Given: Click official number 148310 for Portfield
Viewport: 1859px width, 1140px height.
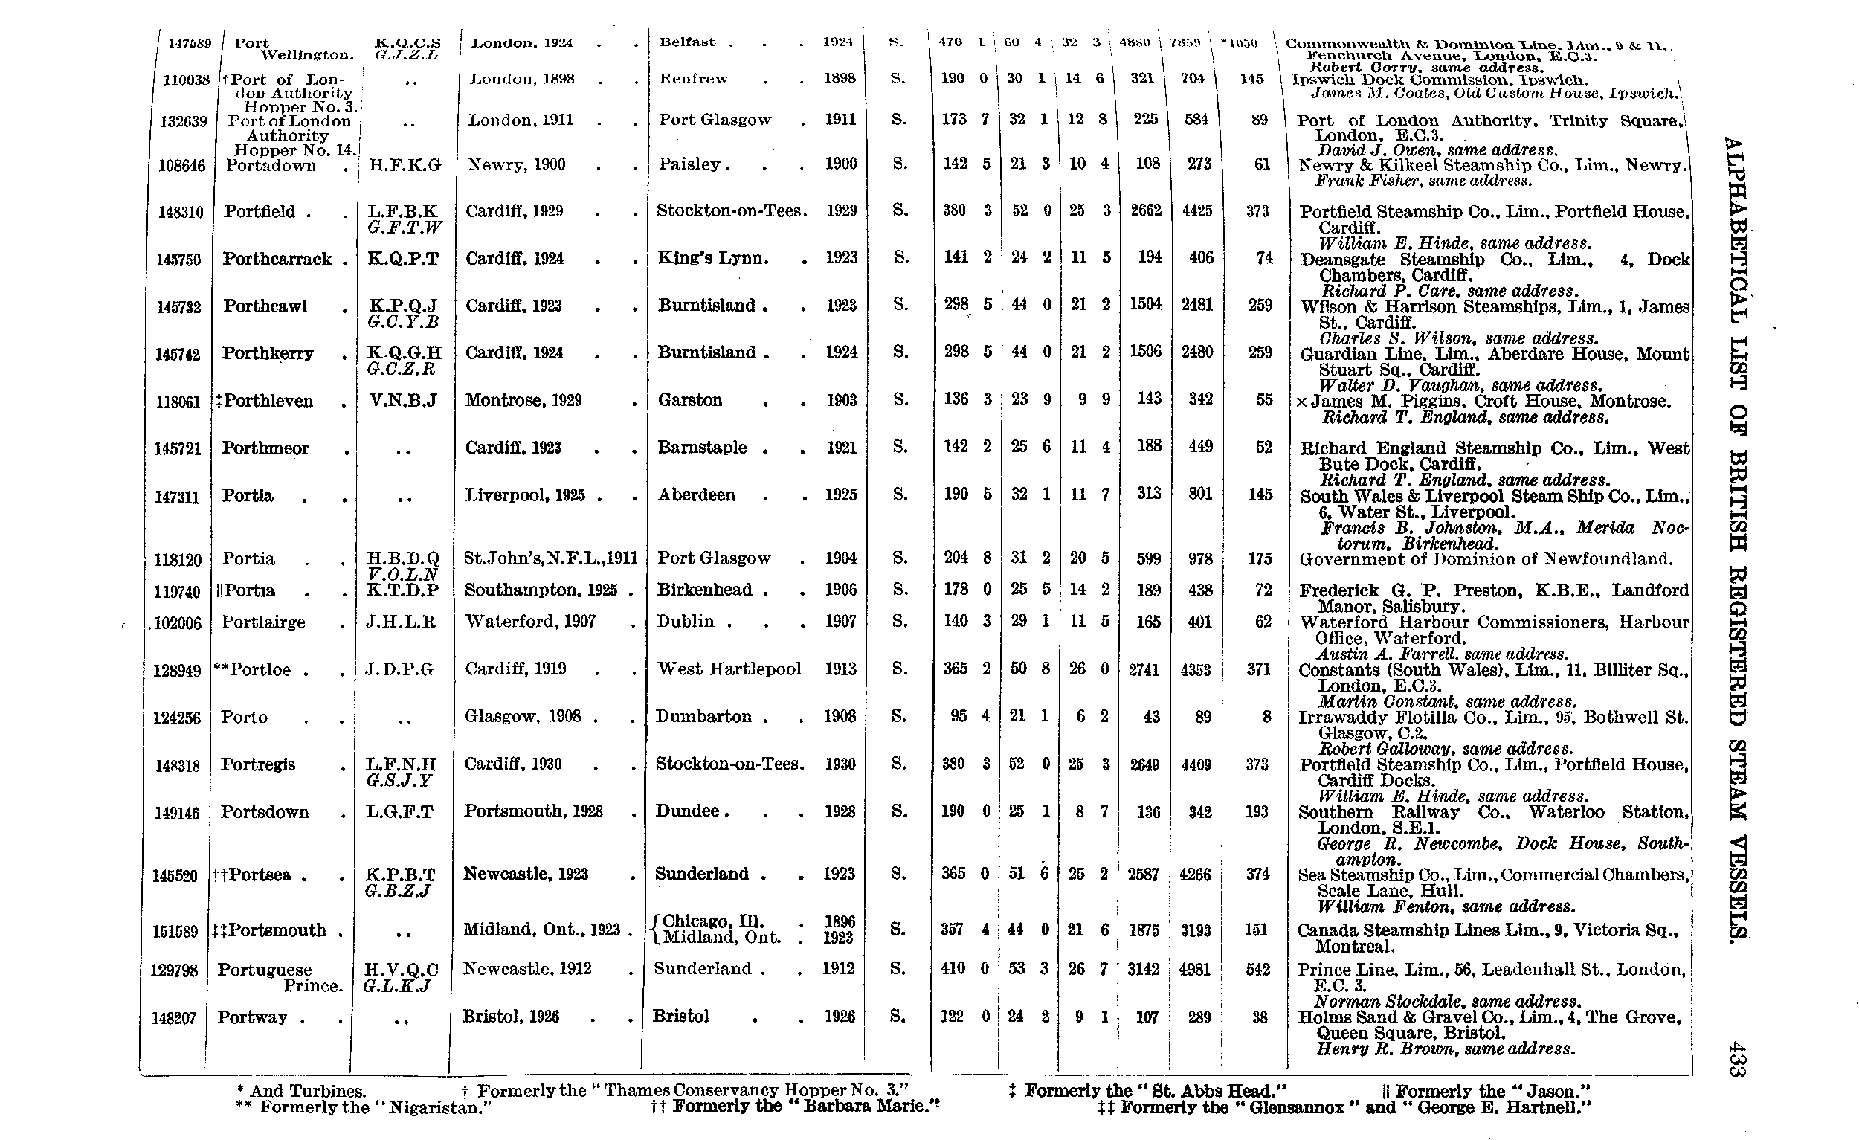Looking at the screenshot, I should (180, 212).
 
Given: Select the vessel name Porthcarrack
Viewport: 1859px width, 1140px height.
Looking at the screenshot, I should (277, 259).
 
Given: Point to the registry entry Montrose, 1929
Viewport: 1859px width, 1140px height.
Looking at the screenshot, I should (523, 400).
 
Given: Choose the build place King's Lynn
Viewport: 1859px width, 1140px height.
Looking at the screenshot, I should (713, 258).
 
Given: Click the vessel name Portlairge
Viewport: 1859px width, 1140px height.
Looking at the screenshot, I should (263, 622).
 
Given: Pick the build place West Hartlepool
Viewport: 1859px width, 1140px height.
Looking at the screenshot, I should (729, 669).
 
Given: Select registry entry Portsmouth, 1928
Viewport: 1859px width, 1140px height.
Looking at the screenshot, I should (532, 811).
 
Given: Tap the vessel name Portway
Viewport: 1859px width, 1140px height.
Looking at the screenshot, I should (252, 1017).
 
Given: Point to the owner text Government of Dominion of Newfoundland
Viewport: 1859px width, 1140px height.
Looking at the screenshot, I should (1486, 559).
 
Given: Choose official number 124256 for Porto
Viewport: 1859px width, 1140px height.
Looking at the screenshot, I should (178, 718).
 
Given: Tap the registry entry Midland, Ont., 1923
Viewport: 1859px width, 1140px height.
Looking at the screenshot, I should (541, 930).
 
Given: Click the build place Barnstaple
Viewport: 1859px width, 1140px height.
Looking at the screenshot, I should (705, 448).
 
